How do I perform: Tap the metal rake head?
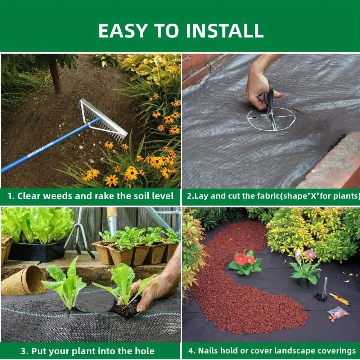(x=102, y=119)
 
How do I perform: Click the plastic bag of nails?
(x=338, y=313)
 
